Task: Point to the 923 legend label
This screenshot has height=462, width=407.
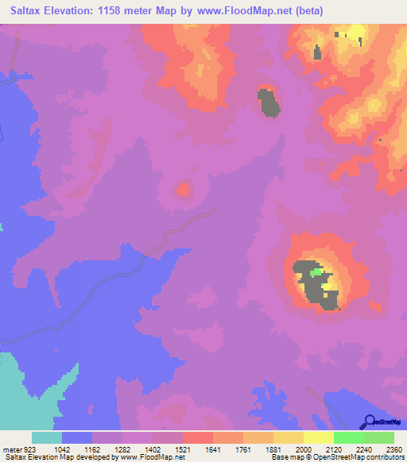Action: tap(29, 448)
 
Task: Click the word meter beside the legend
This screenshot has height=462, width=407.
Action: tap(10, 448)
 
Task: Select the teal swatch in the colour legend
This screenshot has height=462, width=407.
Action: tap(47, 437)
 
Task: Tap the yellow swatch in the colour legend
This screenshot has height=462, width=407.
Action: tap(318, 437)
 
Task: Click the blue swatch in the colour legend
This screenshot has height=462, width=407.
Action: tap(77, 437)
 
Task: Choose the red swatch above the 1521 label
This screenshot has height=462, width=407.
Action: tap(197, 437)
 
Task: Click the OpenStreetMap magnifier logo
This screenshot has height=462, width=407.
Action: tap(369, 422)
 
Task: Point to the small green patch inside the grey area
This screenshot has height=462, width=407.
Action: tap(316, 272)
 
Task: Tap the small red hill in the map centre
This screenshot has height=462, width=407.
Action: tap(184, 190)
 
